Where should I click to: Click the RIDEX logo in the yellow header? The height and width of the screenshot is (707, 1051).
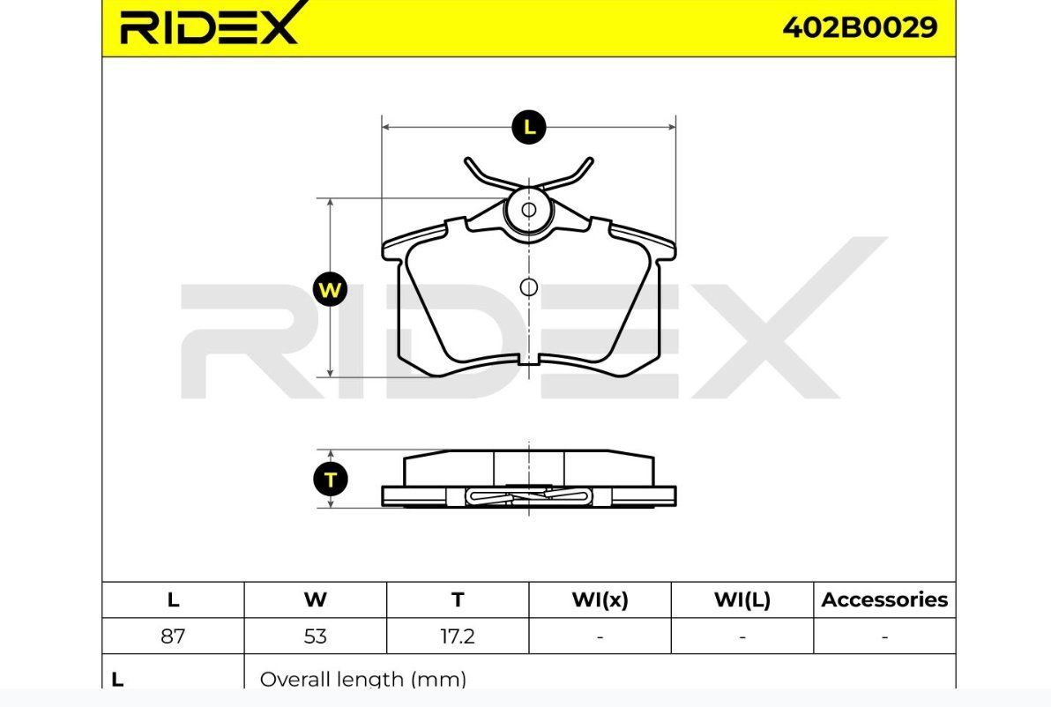click(x=208, y=26)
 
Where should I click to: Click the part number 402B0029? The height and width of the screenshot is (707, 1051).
click(x=860, y=27)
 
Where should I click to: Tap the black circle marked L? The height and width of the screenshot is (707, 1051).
click(x=529, y=127)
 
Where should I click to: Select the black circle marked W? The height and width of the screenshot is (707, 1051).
click(x=330, y=290)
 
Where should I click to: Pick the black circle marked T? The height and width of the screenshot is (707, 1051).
click(x=331, y=480)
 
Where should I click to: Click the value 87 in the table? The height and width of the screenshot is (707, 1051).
click(x=173, y=636)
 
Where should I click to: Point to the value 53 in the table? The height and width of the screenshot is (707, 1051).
click(x=315, y=636)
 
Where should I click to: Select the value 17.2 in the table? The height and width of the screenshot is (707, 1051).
click(x=457, y=636)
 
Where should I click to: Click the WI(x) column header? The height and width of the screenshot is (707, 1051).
click(x=600, y=599)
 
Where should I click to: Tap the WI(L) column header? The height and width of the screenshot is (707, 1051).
click(x=742, y=599)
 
